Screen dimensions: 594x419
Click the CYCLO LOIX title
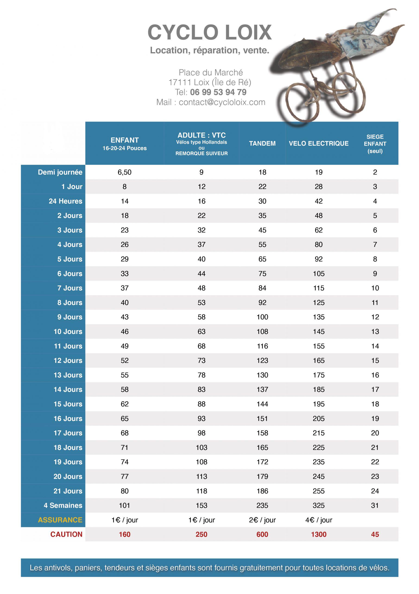pos(209,32)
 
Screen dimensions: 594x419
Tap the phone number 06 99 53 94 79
pos(218,92)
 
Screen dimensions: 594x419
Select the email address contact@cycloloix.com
pos(222,102)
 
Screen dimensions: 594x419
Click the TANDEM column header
pos(262,143)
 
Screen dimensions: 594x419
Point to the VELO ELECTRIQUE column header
pos(318,143)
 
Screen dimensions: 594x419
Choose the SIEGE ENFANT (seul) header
pos(375,144)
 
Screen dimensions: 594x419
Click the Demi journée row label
pos(60,172)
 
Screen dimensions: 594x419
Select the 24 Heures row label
pos(65,201)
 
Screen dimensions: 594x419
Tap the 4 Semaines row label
pos(63,505)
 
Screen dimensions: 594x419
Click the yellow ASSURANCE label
pos(60,520)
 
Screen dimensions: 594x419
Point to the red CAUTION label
pos(66,534)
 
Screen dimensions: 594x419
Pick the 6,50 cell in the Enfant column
pos(125,172)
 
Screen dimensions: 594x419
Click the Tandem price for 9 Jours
pos(262,317)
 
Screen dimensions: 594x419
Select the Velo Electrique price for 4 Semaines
pos(318,505)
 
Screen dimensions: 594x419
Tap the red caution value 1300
pos(318,534)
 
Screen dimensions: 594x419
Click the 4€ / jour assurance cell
pos(318,520)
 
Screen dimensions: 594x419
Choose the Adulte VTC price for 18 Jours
pos(202,447)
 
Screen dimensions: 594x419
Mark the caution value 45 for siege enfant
pos(375,534)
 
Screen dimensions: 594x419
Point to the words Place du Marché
pos(211,72)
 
